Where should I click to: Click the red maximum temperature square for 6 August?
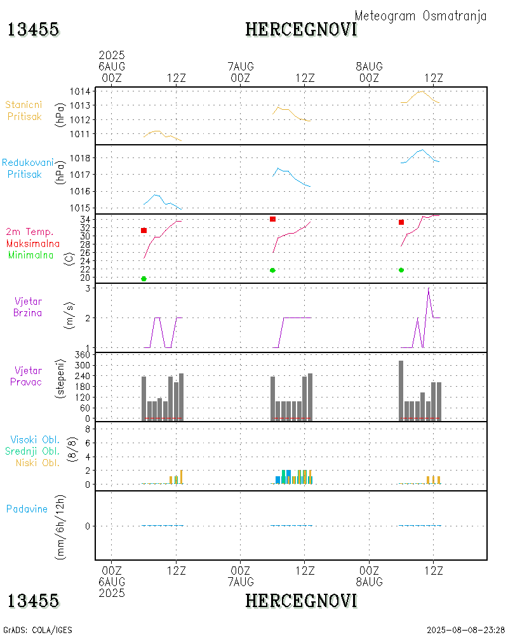(x=144, y=231)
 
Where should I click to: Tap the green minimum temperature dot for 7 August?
(x=272, y=271)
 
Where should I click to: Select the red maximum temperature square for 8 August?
(x=401, y=222)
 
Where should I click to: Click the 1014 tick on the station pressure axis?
(x=79, y=91)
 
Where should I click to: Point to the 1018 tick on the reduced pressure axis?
(x=79, y=158)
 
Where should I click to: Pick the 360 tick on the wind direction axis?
(x=80, y=355)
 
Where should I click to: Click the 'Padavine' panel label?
(x=27, y=509)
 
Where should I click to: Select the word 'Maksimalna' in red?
(x=33, y=243)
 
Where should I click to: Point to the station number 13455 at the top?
(x=33, y=29)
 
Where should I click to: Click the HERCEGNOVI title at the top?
(x=301, y=29)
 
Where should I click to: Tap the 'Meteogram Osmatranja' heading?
(x=420, y=16)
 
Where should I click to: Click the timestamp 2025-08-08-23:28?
(x=466, y=630)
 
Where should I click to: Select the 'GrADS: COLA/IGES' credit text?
(x=37, y=630)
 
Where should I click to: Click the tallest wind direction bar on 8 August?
(x=401, y=390)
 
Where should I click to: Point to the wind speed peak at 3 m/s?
(x=429, y=288)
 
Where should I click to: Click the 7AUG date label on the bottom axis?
(x=240, y=582)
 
